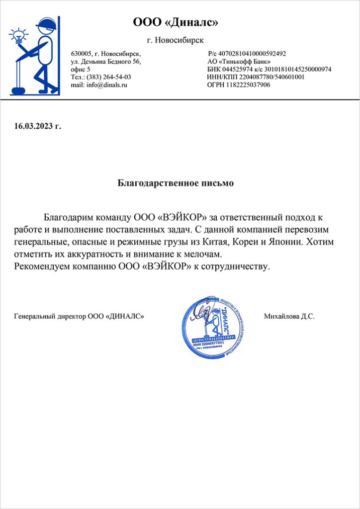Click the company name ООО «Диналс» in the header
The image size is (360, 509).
pos(176,23)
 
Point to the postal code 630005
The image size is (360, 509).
pos(82,54)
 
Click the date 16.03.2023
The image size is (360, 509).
pos(33,126)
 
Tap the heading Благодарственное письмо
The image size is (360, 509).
pos(176,183)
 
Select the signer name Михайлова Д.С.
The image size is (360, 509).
pos(289,316)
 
